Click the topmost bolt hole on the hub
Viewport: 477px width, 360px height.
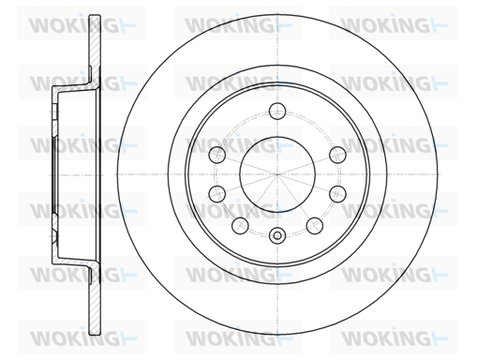point(277,111)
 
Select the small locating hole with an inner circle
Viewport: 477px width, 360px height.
point(277,235)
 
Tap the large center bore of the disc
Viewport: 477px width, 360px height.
point(277,174)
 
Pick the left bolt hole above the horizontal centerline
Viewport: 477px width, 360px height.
point(217,155)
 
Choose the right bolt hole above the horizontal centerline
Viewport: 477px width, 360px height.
point(337,155)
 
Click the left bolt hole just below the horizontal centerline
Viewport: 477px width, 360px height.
point(217,193)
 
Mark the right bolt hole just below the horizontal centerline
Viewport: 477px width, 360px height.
point(337,193)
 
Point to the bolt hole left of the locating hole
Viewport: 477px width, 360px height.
point(240,225)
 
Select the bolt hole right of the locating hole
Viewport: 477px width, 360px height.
point(314,225)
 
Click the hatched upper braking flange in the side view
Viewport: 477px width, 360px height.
point(95,50)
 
